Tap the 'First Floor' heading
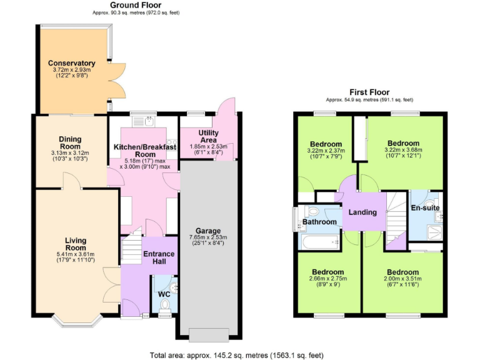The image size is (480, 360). click(369, 91)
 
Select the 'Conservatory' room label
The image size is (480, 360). click(71, 63)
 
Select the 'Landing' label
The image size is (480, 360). click(362, 212)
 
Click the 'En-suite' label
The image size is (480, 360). click(424, 207)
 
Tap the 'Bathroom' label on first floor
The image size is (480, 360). click(319, 222)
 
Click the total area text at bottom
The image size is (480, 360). click(237, 355)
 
